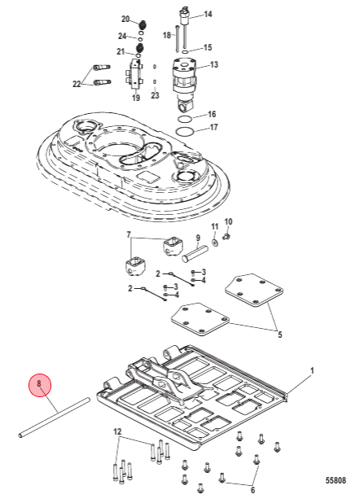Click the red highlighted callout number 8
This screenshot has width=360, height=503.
tap(40, 385)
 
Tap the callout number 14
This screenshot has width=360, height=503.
tap(208, 15)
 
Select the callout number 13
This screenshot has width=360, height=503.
tap(214, 65)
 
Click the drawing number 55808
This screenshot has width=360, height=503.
tap(336, 480)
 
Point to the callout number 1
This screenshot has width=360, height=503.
tap(312, 371)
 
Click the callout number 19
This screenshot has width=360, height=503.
tap(136, 98)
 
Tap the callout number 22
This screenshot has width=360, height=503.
tap(77, 84)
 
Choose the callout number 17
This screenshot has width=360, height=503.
tap(214, 127)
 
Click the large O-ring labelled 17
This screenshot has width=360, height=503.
tap(185, 132)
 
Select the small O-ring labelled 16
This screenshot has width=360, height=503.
tap(185, 119)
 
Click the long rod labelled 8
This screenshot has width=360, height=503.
tap(55, 418)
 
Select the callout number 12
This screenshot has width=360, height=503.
tap(117, 432)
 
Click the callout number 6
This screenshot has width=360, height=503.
tap(252, 490)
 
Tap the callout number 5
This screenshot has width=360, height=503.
tap(279, 335)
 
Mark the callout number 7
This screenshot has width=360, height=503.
tap(129, 235)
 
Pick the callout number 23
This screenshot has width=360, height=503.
tap(155, 95)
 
